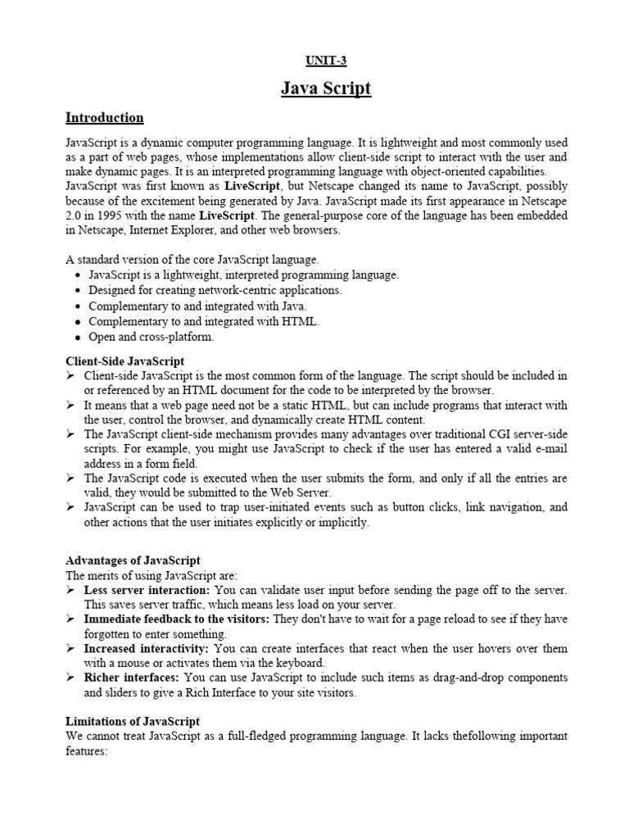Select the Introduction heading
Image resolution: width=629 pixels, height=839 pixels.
104,118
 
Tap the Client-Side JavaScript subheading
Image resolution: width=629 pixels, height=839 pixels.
124,361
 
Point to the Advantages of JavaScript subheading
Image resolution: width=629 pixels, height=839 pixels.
133,560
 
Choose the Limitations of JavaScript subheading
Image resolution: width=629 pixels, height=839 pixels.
132,721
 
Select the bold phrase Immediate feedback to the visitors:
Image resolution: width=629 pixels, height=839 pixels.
177,619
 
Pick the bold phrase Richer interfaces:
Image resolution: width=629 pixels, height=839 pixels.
132,678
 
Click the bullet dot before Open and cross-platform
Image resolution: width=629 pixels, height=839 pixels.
77,337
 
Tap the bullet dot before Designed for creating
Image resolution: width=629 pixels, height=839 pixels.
77,291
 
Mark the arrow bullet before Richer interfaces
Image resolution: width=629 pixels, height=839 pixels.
70,678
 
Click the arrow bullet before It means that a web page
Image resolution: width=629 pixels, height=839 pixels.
70,406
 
